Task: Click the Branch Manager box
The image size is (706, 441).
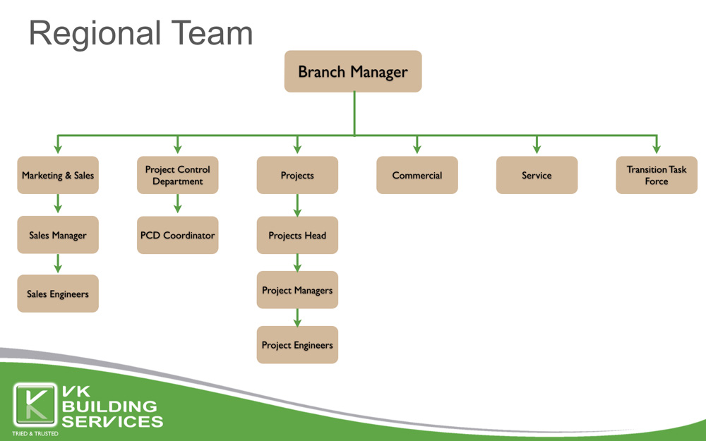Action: click(353, 71)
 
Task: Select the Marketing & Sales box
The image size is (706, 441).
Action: click(58, 175)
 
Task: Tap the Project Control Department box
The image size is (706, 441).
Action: click(177, 175)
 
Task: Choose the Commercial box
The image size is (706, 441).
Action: click(417, 175)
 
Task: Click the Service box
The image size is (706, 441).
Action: click(537, 175)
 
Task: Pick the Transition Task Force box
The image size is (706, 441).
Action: click(657, 175)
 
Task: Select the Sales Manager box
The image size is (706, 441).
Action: click(58, 234)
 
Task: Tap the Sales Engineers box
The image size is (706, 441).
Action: click(58, 294)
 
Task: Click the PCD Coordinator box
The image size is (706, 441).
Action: click(177, 235)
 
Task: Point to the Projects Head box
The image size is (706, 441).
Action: click(297, 235)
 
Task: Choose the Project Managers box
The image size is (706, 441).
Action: click(297, 290)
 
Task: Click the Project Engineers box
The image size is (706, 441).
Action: click(297, 345)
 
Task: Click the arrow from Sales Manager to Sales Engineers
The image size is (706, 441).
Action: click(58, 264)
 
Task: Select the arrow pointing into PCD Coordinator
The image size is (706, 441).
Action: click(177, 204)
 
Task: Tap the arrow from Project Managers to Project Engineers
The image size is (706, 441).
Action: click(297, 318)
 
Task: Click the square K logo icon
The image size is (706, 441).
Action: click(35, 405)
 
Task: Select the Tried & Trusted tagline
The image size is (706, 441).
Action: click(35, 434)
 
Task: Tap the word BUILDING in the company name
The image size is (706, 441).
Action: click(109, 406)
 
